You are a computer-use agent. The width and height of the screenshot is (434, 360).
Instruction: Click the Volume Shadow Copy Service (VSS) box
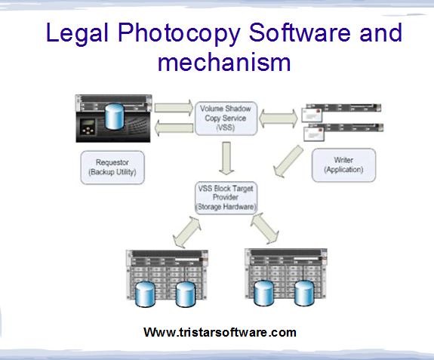point(226,118)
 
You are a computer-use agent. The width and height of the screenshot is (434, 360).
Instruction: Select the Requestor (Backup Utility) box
point(112,168)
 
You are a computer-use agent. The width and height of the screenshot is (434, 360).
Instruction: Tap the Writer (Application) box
point(343,165)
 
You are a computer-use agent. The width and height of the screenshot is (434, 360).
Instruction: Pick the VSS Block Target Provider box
point(226,198)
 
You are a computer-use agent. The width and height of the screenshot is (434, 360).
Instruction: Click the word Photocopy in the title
point(179,33)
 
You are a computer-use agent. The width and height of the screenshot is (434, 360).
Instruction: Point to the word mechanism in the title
point(224,62)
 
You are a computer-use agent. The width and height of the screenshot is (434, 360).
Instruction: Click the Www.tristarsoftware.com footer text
point(220,332)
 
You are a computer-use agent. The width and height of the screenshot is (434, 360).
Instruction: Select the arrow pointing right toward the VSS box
point(174,107)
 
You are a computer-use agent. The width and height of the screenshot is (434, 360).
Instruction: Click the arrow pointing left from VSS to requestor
point(174,128)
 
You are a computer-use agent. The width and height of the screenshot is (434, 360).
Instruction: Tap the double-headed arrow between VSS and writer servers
point(279,118)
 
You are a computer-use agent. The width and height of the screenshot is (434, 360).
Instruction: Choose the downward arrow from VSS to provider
point(226,158)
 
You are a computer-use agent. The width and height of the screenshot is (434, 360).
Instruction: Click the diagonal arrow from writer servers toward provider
point(288,161)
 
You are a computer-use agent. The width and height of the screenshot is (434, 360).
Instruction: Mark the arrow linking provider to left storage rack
point(187,232)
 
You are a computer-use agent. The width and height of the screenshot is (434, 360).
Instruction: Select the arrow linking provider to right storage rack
point(265,229)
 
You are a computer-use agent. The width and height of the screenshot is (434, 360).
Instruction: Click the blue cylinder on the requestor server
point(114,116)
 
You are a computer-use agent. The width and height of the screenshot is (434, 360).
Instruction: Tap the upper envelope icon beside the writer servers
point(312,115)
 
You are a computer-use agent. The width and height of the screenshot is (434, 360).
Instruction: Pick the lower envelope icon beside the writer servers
point(314,134)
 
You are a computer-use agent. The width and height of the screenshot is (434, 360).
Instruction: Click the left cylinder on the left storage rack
point(145,294)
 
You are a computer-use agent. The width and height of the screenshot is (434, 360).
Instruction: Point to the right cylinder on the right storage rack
point(304,293)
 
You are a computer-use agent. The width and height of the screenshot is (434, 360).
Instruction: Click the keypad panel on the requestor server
point(88,127)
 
